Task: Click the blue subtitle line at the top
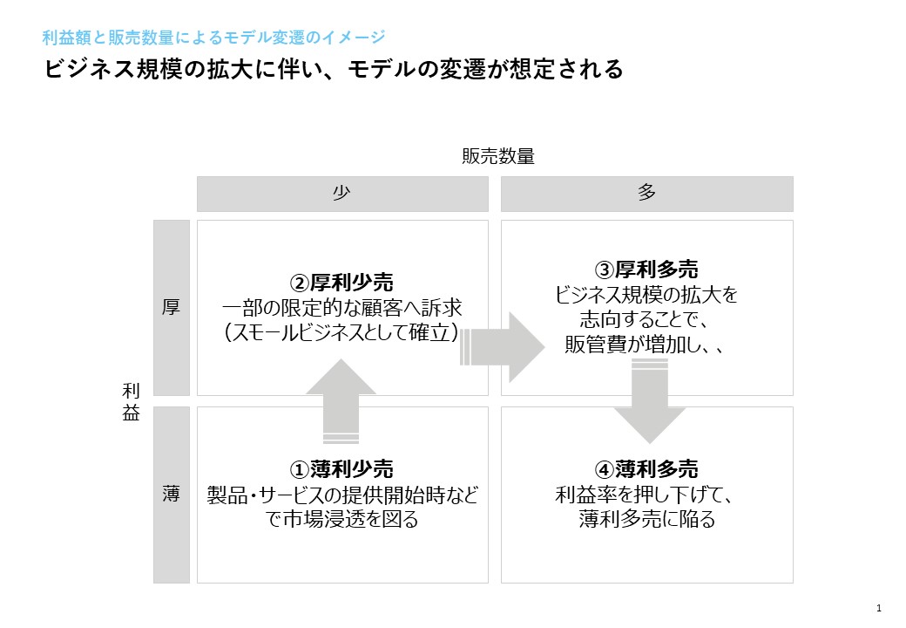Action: point(213,38)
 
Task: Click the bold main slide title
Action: point(334,70)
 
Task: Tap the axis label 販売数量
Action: point(497,157)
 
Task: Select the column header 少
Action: point(341,194)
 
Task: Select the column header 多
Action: point(646,194)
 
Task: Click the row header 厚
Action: point(171,308)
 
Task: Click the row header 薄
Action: point(171,495)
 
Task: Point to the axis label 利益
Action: point(131,401)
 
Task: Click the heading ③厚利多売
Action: point(646,270)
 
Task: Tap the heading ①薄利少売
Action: point(341,469)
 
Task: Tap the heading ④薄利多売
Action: point(646,469)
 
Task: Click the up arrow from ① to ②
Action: point(341,401)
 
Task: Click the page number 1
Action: point(879,608)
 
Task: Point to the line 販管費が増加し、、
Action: point(646,345)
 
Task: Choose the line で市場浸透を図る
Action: point(341,521)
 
